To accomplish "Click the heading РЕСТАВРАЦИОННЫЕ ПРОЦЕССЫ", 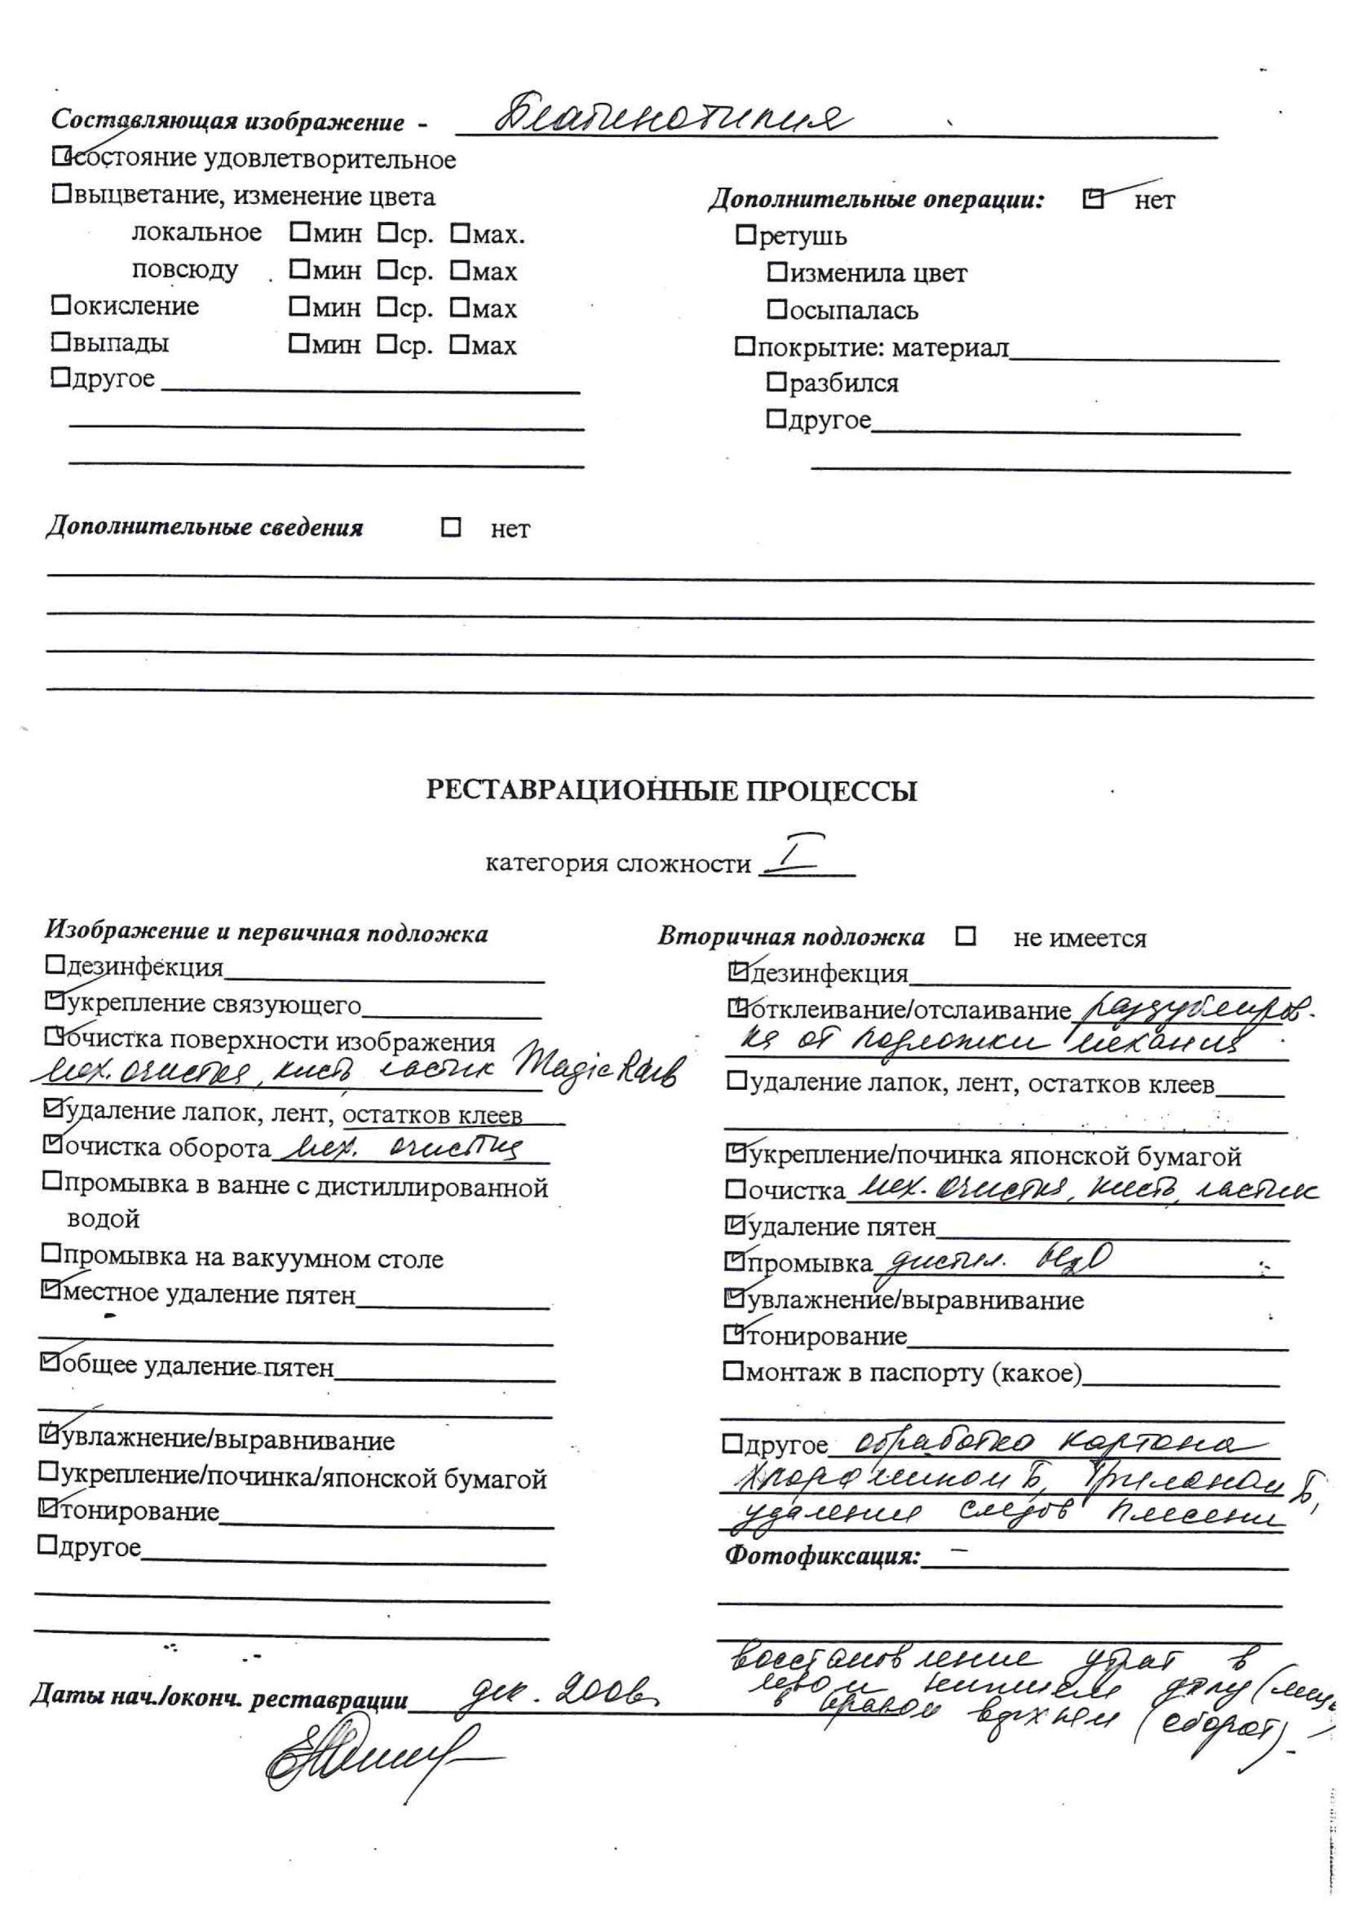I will [671, 790].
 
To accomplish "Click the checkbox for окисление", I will [60, 305].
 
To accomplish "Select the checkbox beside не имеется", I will [965, 937].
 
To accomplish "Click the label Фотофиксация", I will [822, 1555].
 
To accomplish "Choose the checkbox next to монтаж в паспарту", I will [733, 1371].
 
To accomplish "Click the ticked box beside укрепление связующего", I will [55, 1003].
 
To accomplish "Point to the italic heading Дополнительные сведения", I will [204, 528].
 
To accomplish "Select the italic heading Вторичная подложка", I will [791, 937].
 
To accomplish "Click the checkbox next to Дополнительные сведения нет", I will [451, 527].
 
